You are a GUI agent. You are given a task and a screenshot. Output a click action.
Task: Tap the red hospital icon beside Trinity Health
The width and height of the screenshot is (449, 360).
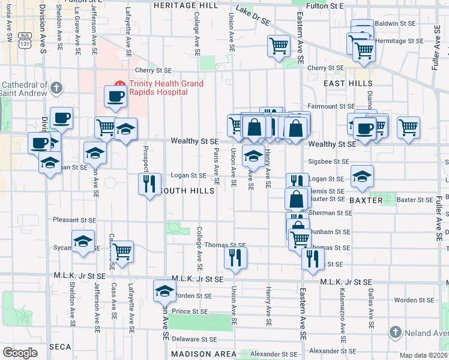pyautogui.click(x=119, y=83)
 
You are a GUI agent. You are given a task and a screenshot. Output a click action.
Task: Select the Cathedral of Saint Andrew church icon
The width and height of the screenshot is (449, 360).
pyautogui.click(x=56, y=88)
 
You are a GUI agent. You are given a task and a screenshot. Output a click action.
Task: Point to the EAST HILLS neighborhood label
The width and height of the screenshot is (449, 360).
pyautogui.click(x=348, y=84)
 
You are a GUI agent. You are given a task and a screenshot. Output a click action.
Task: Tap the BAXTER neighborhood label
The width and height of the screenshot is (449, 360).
pyautogui.click(x=382, y=200)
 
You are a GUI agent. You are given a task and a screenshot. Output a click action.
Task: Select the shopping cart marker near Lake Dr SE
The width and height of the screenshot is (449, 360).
pyautogui.click(x=279, y=46)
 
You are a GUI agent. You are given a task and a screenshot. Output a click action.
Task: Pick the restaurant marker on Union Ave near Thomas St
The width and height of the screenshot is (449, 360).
pyautogui.click(x=235, y=257)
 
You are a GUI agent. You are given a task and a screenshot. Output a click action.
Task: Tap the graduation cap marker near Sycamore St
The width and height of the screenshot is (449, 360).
pyautogui.click(x=83, y=241)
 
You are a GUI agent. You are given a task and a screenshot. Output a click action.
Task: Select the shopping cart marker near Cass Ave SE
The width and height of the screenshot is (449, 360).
pyautogui.click(x=122, y=251)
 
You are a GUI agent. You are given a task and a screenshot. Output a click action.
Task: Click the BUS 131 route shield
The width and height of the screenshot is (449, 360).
pyautogui.click(x=25, y=40)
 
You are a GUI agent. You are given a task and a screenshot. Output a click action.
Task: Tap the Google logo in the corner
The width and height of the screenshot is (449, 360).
pyautogui.click(x=20, y=352)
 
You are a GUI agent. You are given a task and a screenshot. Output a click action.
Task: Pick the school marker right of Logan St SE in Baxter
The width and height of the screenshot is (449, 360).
pyautogui.click(x=362, y=176)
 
